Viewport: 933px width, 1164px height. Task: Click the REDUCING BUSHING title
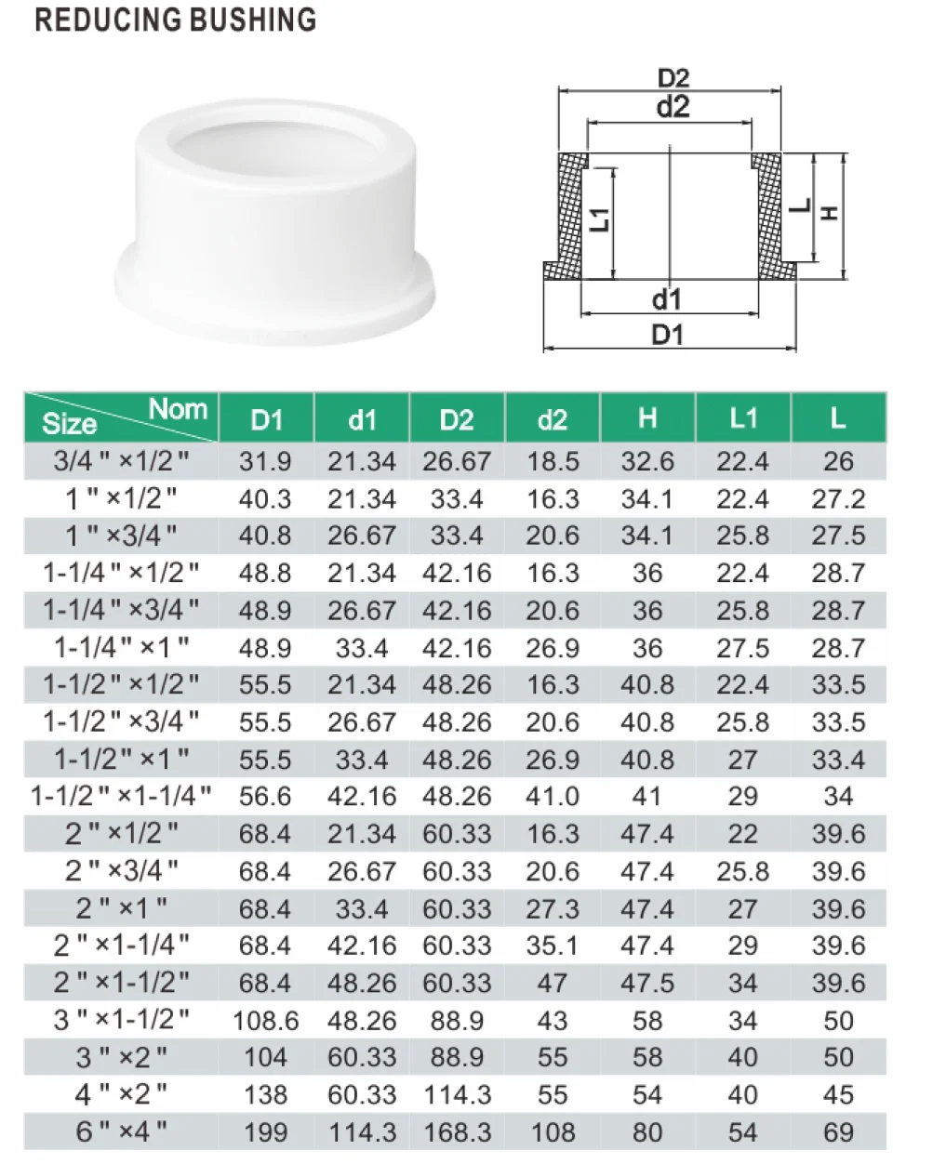(175, 20)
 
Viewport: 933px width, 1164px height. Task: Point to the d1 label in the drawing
(666, 299)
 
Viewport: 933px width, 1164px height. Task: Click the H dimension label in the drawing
(831, 212)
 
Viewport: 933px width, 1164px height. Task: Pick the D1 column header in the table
(266, 420)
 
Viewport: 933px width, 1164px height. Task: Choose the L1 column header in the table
(742, 419)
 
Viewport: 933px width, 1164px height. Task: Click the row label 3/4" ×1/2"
(121, 461)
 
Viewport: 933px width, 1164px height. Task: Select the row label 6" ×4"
(121, 1132)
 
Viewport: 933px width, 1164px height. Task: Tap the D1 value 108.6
(265, 1021)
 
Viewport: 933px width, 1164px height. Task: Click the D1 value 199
(265, 1132)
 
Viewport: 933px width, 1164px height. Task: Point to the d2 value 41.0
(553, 797)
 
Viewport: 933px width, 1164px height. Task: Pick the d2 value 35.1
(553, 946)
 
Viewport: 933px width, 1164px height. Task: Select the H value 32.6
(647, 461)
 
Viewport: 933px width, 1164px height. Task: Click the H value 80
(647, 1132)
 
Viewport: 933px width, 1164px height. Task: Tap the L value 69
(838, 1132)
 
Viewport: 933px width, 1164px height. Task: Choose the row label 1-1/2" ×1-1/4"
(121, 797)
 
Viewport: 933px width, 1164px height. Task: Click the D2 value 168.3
(457, 1132)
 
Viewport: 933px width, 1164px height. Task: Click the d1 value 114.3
(362, 1132)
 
